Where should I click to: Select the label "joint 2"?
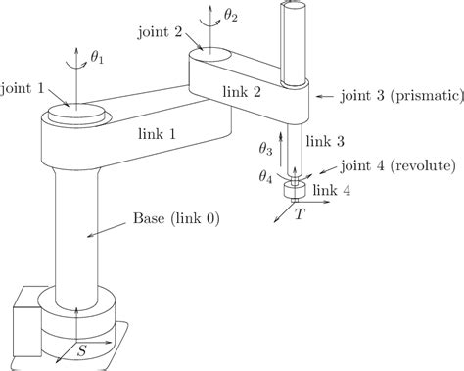pyautogui.click(x=164, y=30)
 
